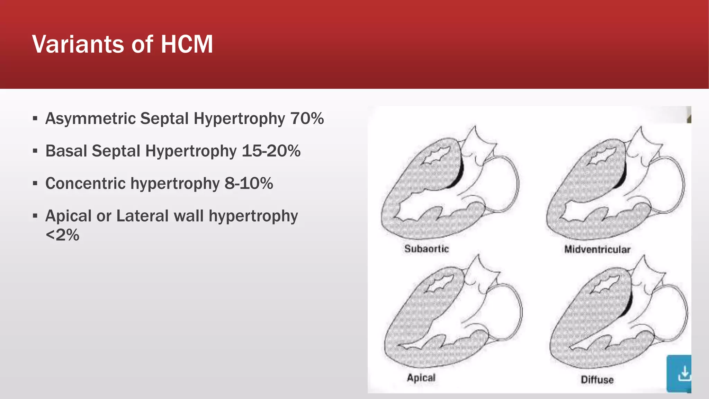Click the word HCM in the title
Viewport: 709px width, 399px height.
[x=187, y=44]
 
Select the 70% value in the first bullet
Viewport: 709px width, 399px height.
[x=307, y=118]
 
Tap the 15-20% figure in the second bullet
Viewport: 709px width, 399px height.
[x=271, y=151]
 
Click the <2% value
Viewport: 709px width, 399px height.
[x=62, y=235]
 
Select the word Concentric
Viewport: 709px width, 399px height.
[x=85, y=184]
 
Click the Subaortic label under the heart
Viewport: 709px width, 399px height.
[x=427, y=249]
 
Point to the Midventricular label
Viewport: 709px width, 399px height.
[x=597, y=249]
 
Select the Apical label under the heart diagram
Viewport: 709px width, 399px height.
[x=421, y=378]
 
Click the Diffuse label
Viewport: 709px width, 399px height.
[x=597, y=380]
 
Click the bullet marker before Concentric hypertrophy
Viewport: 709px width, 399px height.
[x=35, y=184]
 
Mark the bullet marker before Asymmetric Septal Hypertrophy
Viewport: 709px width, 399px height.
[x=35, y=118]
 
